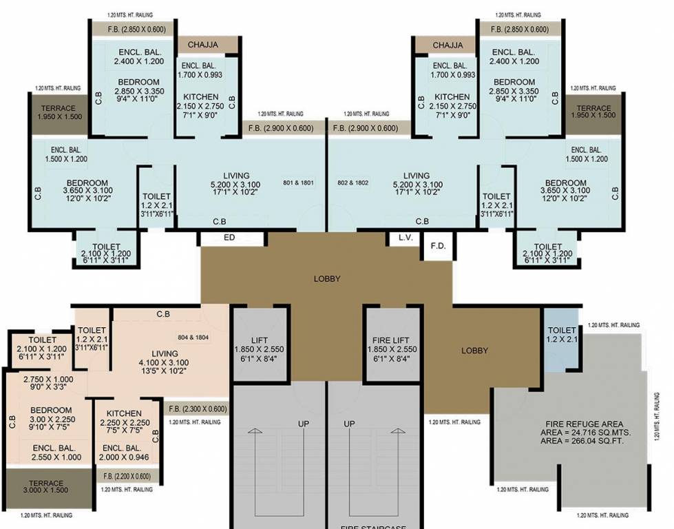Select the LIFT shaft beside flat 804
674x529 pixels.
[x=259, y=344]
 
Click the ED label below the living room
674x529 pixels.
[x=231, y=238]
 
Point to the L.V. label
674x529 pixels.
[x=405, y=238]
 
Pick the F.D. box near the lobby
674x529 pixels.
[x=436, y=246]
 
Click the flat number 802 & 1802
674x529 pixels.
[x=353, y=183]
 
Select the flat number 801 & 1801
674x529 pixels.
[x=298, y=183]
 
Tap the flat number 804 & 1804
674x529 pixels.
[x=193, y=338]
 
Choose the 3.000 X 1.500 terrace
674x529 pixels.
[x=47, y=488]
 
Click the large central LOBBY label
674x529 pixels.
[x=327, y=279]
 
